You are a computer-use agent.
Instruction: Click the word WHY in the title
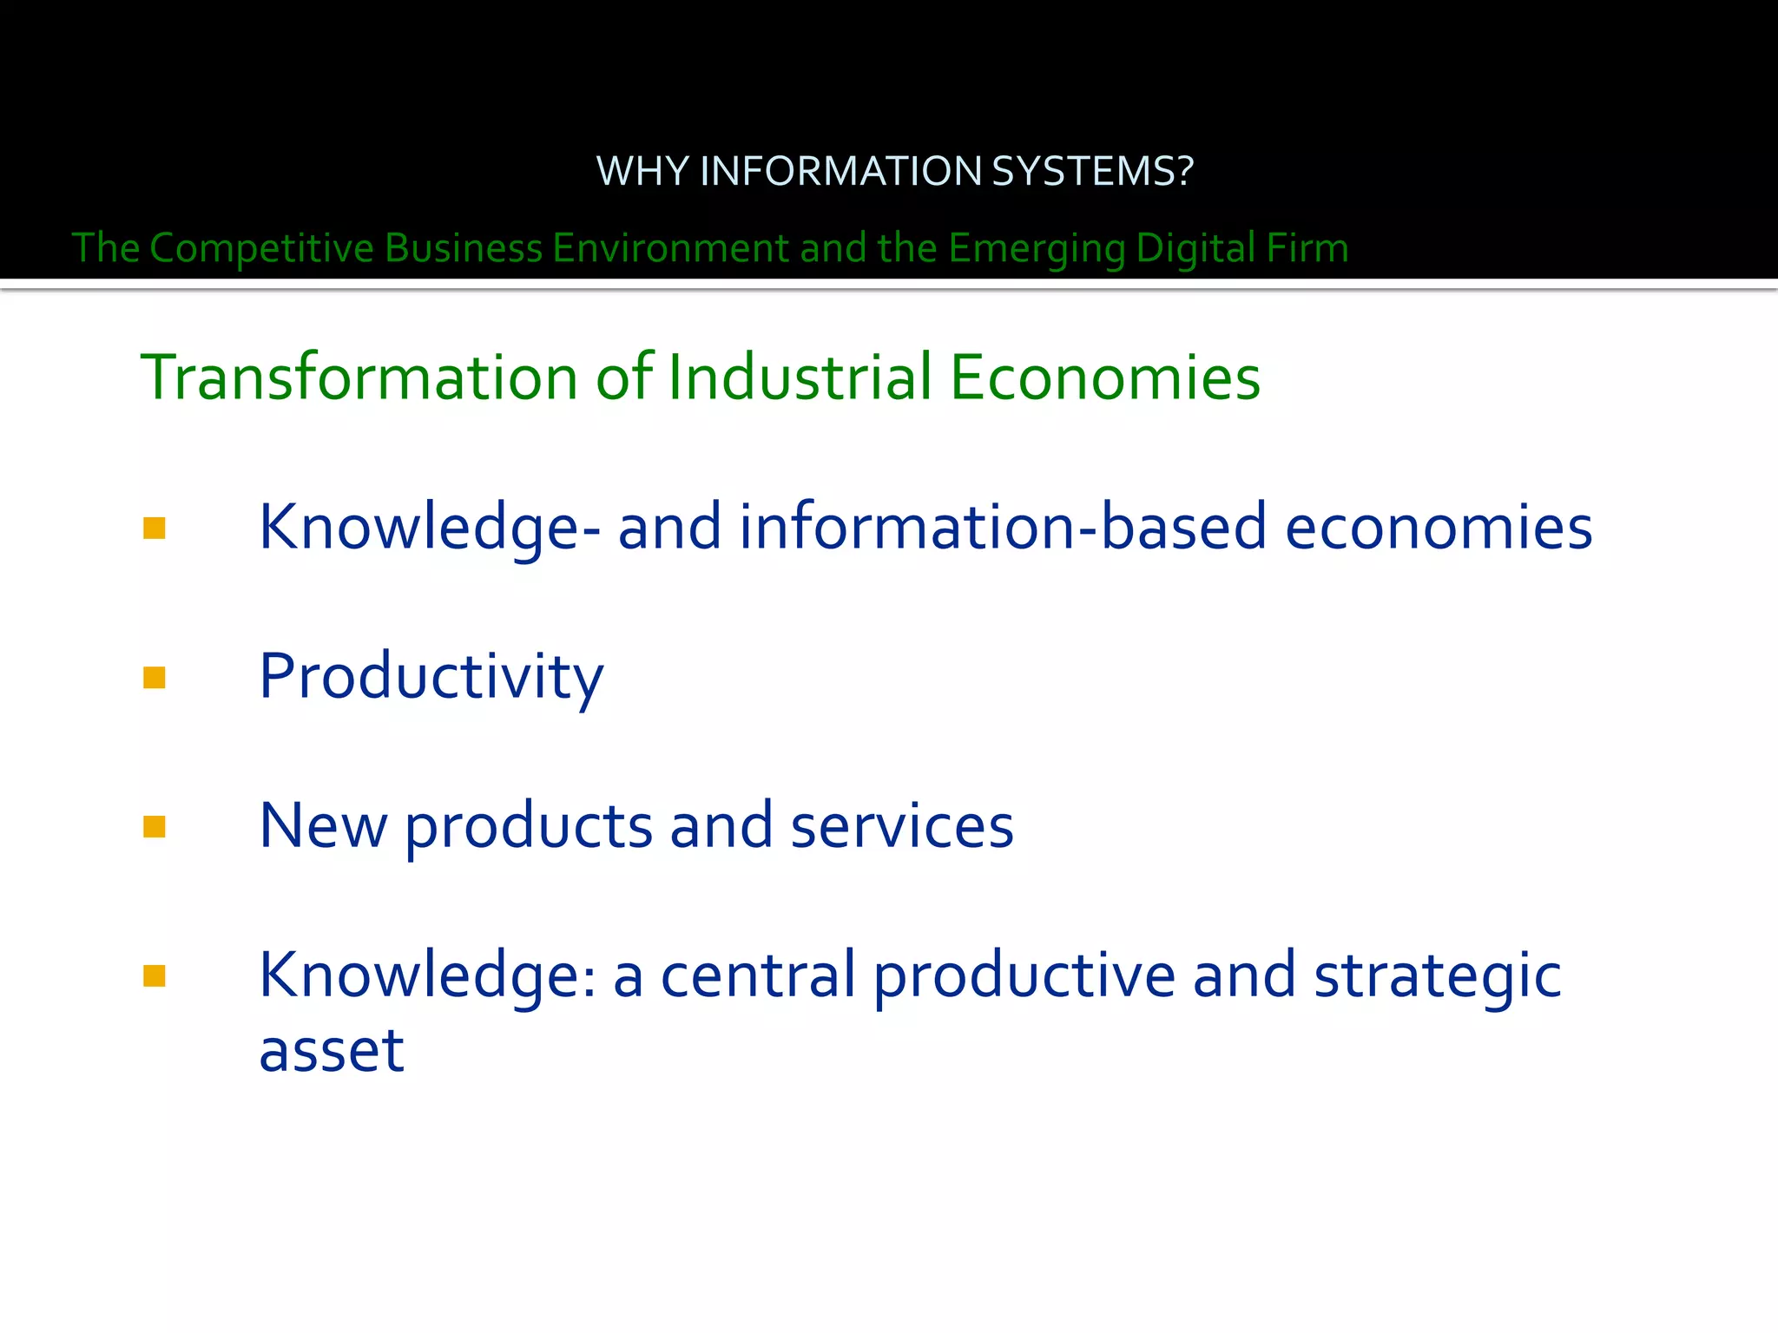pyautogui.click(x=642, y=171)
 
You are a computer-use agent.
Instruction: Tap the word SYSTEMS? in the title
pyautogui.click(x=1092, y=171)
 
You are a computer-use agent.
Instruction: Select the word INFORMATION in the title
pyautogui.click(x=840, y=171)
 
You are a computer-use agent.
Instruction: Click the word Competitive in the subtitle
pyautogui.click(x=261, y=248)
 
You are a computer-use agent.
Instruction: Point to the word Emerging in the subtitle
pyautogui.click(x=1037, y=248)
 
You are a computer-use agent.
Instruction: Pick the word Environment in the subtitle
pyautogui.click(x=670, y=248)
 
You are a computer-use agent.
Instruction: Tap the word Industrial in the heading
pyautogui.click(x=800, y=378)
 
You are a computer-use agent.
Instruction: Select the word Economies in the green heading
pyautogui.click(x=1104, y=378)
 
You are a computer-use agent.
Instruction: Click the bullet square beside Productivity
pyautogui.click(x=155, y=677)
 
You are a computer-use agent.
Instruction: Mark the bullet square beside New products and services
pyautogui.click(x=155, y=826)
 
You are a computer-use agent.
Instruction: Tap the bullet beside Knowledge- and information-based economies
pyautogui.click(x=155, y=528)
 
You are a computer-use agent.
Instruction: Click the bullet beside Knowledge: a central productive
pyautogui.click(x=155, y=976)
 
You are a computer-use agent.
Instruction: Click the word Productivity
pyautogui.click(x=431, y=677)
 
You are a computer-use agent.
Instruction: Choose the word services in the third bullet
pyautogui.click(x=902, y=826)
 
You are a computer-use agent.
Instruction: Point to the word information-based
pyautogui.click(x=1003, y=528)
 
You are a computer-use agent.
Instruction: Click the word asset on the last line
pyautogui.click(x=332, y=1051)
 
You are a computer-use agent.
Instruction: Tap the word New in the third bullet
pyautogui.click(x=323, y=826)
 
